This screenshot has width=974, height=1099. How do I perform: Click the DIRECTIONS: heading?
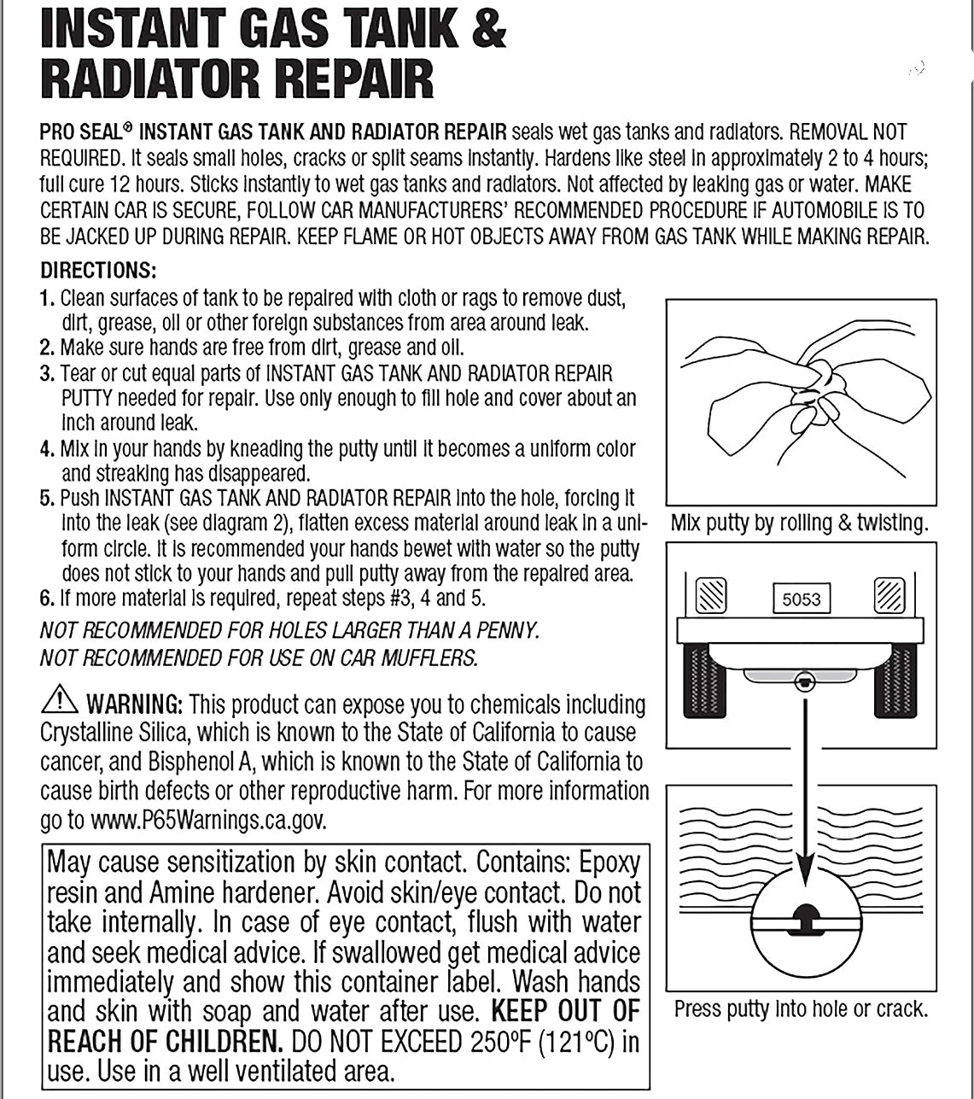[x=98, y=271]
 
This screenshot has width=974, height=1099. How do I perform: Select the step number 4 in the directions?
[x=47, y=449]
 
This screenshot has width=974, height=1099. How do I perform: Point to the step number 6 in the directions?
[x=47, y=598]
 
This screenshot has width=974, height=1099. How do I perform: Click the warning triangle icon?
[x=59, y=700]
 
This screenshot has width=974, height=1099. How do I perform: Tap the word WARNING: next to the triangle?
[x=135, y=705]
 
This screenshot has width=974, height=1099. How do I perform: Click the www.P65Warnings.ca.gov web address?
[x=207, y=821]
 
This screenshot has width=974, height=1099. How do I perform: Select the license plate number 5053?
[x=801, y=599]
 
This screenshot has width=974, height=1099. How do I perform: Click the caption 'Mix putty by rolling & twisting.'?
[x=799, y=523]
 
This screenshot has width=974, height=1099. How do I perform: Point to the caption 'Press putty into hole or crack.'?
[x=801, y=1009]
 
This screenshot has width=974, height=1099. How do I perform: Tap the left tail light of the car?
[x=711, y=595]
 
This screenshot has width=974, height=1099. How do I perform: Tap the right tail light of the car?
[x=889, y=595]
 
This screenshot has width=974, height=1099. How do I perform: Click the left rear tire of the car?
[x=704, y=680]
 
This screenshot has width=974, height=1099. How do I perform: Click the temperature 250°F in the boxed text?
[x=507, y=1043]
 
